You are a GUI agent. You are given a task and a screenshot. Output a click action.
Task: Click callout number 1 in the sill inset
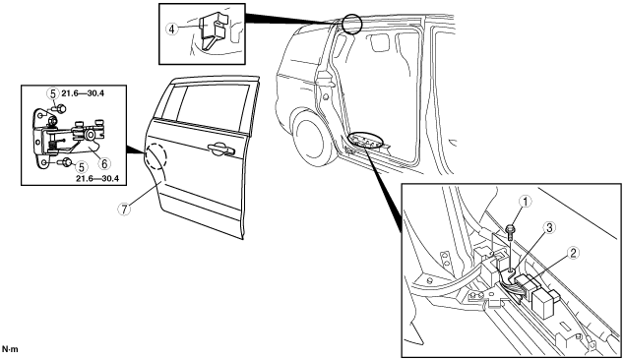pos(526,202)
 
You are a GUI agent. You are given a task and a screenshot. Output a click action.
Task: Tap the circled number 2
pos(573,253)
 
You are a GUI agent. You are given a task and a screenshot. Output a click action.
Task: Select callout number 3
pos(549,228)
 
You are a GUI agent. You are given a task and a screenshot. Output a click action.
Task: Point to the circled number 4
pos(172,29)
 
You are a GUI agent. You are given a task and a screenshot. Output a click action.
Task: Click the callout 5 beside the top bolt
pos(52,93)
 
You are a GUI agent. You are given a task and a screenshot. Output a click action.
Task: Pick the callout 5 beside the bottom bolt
pos(82,166)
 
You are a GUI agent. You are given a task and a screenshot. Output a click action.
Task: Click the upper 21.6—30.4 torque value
pos(83,93)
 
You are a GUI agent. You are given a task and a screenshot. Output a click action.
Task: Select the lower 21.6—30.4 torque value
pos(97,179)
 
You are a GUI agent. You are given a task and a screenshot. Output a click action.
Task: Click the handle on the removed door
pos(221,149)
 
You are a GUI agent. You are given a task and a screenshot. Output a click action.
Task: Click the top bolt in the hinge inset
pos(60,108)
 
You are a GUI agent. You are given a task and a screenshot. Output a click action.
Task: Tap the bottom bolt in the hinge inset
pos(65,162)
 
